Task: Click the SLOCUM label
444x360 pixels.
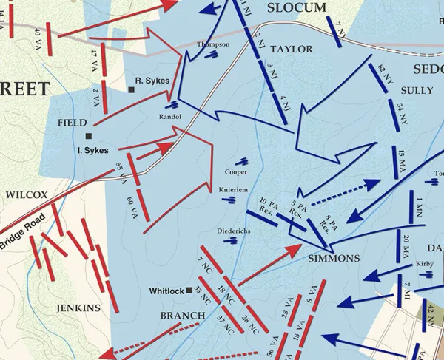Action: click(297, 7)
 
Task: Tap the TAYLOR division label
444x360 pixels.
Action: click(291, 50)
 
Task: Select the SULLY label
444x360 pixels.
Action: click(416, 91)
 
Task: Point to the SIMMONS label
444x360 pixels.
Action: click(333, 259)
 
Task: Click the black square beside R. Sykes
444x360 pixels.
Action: click(131, 90)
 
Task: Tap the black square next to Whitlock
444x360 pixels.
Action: click(189, 291)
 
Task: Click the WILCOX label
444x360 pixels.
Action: click(27, 195)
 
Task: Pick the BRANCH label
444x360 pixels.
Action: click(183, 316)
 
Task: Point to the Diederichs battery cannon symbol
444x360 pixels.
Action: click(231, 240)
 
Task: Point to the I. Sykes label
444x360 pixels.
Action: click(92, 151)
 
